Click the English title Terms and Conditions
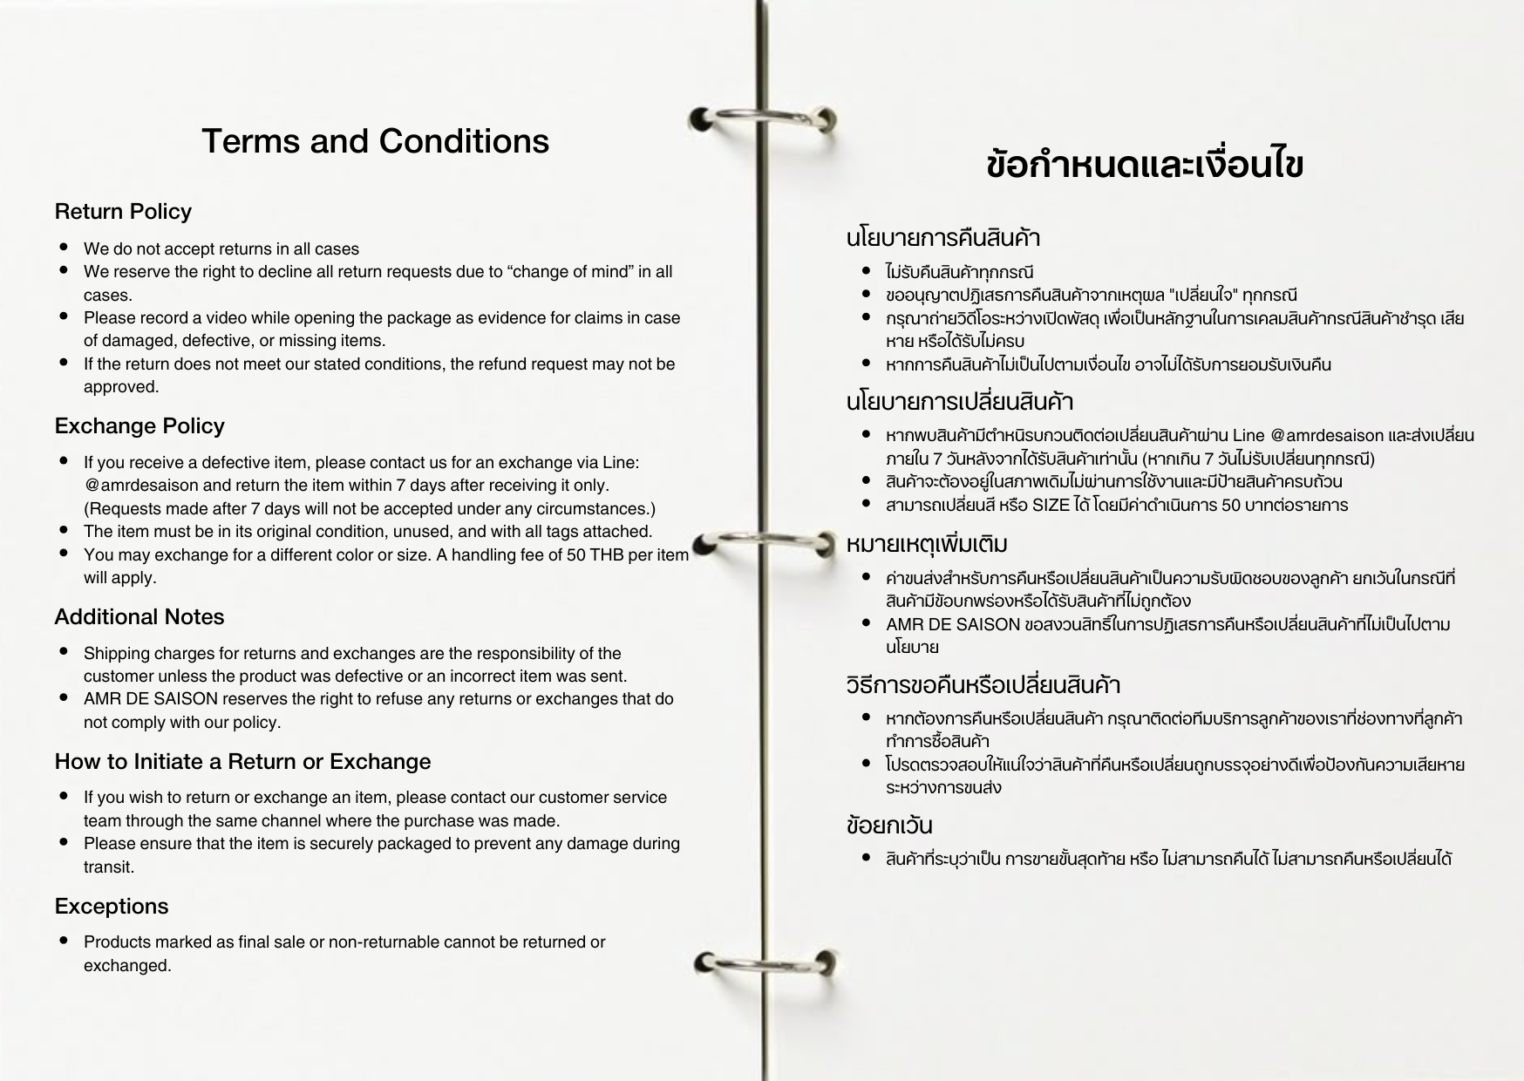[x=375, y=141]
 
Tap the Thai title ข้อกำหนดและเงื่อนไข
[x=1145, y=165]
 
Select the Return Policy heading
[x=123, y=212]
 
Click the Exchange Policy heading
[x=139, y=426]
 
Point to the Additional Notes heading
[x=139, y=617]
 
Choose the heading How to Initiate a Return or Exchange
[x=242, y=762]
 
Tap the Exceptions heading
[x=112, y=907]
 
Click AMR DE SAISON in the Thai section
[x=952, y=625]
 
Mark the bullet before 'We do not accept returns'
[x=65, y=248]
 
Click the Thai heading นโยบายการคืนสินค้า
[x=942, y=238]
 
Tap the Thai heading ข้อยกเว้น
[x=889, y=825]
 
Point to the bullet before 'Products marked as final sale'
[x=65, y=942]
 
